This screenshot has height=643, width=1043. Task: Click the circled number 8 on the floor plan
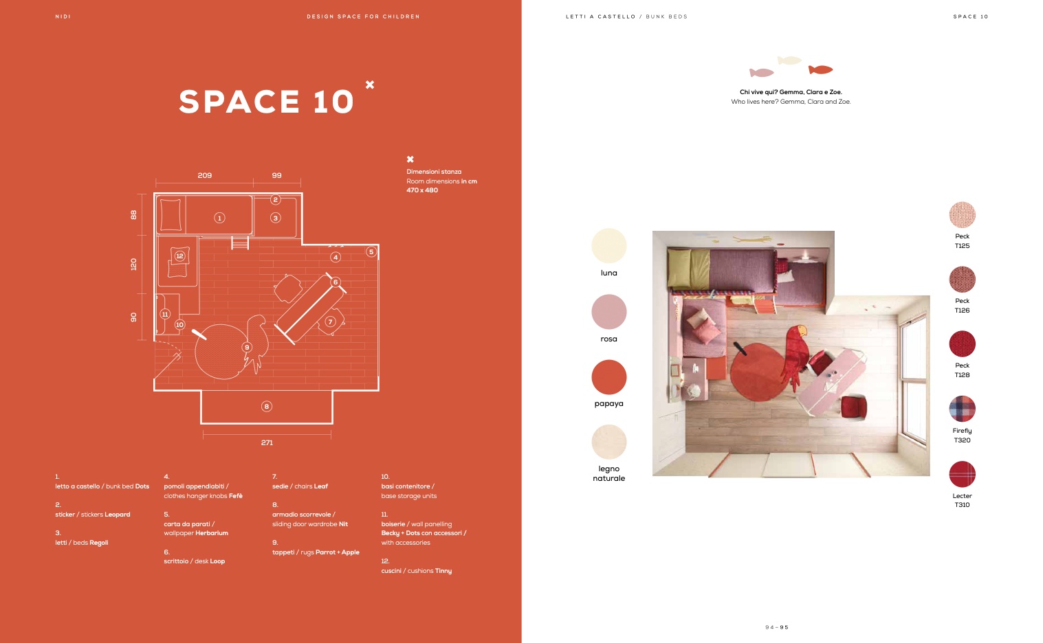pyautogui.click(x=266, y=406)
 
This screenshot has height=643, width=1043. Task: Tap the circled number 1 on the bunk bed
pyautogui.click(x=219, y=218)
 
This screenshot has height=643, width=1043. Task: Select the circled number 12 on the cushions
pyautogui.click(x=179, y=256)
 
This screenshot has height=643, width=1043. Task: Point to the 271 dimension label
pyautogui.click(x=267, y=442)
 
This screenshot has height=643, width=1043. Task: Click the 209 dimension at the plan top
pyautogui.click(x=204, y=175)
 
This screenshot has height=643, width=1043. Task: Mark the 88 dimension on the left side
pyautogui.click(x=133, y=215)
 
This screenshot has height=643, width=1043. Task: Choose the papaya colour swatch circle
pyautogui.click(x=609, y=377)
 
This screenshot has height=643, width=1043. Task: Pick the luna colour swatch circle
pyautogui.click(x=609, y=246)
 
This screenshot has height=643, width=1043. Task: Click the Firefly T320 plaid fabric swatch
pyautogui.click(x=962, y=409)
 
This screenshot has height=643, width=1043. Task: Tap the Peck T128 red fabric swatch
pyautogui.click(x=962, y=344)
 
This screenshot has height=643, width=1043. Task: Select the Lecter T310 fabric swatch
pyautogui.click(x=962, y=474)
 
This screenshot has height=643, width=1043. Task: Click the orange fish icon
pyautogui.click(x=820, y=70)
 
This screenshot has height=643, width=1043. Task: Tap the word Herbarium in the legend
pyautogui.click(x=212, y=533)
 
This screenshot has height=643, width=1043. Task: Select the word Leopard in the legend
pyautogui.click(x=118, y=515)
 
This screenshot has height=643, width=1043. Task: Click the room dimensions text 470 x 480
pyautogui.click(x=422, y=190)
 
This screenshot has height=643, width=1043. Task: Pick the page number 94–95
pyautogui.click(x=777, y=627)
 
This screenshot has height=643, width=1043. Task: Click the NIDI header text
pyautogui.click(x=63, y=16)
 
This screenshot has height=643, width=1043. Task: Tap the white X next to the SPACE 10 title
pyautogui.click(x=370, y=84)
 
